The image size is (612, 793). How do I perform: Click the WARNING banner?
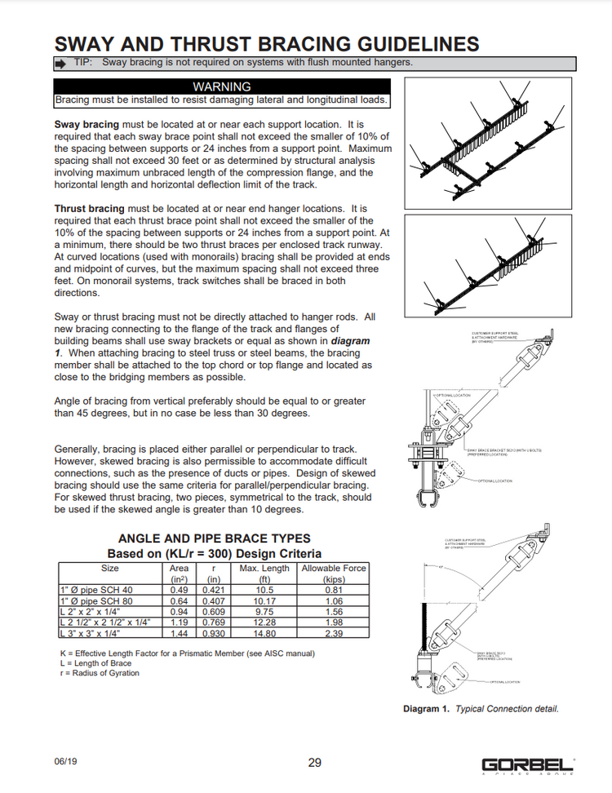click(221, 86)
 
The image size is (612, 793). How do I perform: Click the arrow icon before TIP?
click(60, 63)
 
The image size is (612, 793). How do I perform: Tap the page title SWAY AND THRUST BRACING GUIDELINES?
click(266, 43)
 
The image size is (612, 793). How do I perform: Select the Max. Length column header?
click(264, 573)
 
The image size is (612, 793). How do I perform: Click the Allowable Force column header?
click(334, 573)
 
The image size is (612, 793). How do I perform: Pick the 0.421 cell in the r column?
click(214, 590)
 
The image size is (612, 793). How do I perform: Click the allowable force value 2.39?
click(333, 633)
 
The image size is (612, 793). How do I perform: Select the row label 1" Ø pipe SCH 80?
click(96, 600)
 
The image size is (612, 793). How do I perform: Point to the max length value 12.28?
click(264, 622)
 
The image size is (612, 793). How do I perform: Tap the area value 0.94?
click(179, 611)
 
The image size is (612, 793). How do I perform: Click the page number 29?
click(315, 763)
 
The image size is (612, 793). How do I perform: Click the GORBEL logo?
click(527, 764)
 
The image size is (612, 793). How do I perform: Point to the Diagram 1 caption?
click(481, 709)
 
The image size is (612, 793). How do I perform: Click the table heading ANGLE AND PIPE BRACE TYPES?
click(215, 538)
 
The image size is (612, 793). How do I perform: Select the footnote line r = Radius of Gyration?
click(100, 673)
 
